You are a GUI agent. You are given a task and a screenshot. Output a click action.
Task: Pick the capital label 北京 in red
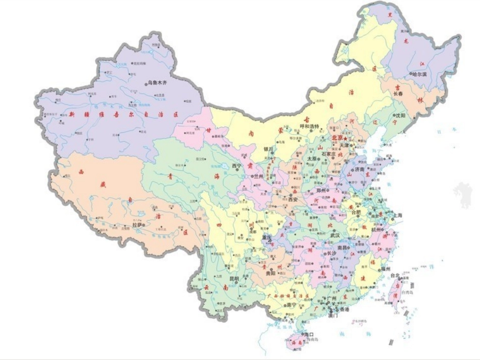(x=337, y=137)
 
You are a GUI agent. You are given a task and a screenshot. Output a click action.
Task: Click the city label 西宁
(x=237, y=166)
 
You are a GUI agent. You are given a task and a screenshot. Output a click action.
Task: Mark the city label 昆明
(x=234, y=278)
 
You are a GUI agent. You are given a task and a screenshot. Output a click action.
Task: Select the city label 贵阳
(x=270, y=273)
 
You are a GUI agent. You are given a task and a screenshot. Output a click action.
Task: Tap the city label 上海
(x=396, y=215)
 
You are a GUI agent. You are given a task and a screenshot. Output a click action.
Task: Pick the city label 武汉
(x=334, y=235)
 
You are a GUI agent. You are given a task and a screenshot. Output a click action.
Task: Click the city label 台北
(x=395, y=276)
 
